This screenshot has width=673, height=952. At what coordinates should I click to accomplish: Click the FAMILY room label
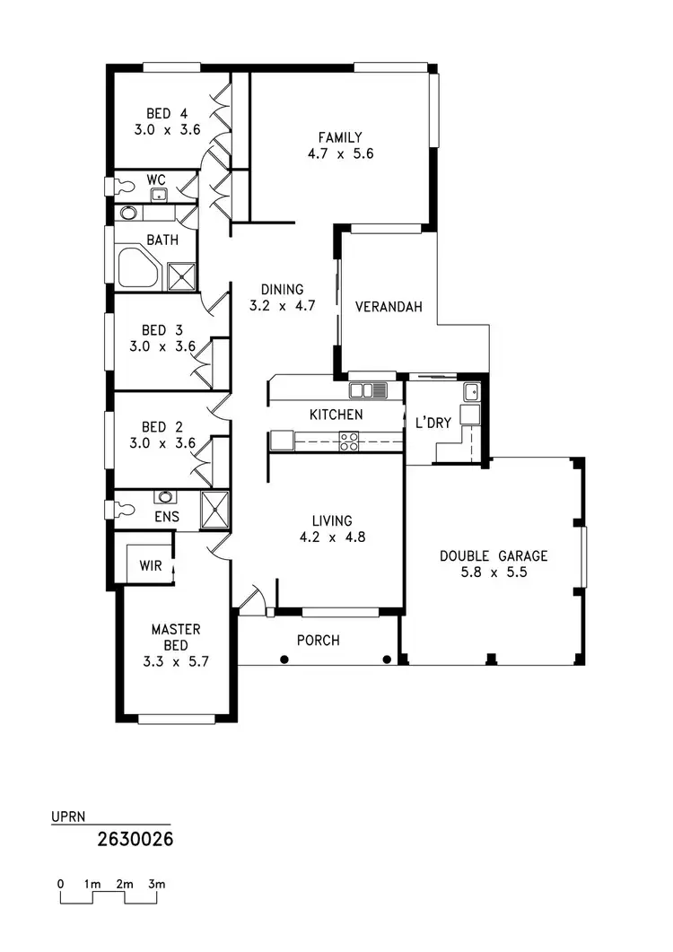pyautogui.click(x=340, y=137)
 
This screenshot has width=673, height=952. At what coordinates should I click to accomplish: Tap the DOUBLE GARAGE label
pyautogui.click(x=493, y=555)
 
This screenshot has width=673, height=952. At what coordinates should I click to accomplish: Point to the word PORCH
pyautogui.click(x=319, y=641)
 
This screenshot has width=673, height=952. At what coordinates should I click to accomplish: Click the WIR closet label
pyautogui.click(x=149, y=566)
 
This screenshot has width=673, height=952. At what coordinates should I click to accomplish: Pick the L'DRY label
pyautogui.click(x=433, y=424)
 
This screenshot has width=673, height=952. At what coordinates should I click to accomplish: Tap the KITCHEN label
pyautogui.click(x=336, y=415)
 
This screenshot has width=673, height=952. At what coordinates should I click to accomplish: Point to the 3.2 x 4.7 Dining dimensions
pyautogui.click(x=282, y=306)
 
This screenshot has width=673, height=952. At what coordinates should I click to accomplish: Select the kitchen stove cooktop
pyautogui.click(x=349, y=441)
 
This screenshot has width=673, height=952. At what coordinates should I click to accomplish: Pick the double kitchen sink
pyautogui.click(x=368, y=390)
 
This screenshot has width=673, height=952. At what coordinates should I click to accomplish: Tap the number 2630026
pyautogui.click(x=135, y=841)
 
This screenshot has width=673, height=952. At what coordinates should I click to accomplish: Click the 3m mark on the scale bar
pyautogui.click(x=157, y=885)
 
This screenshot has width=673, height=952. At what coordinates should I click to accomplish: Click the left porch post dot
pyautogui.click(x=284, y=659)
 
